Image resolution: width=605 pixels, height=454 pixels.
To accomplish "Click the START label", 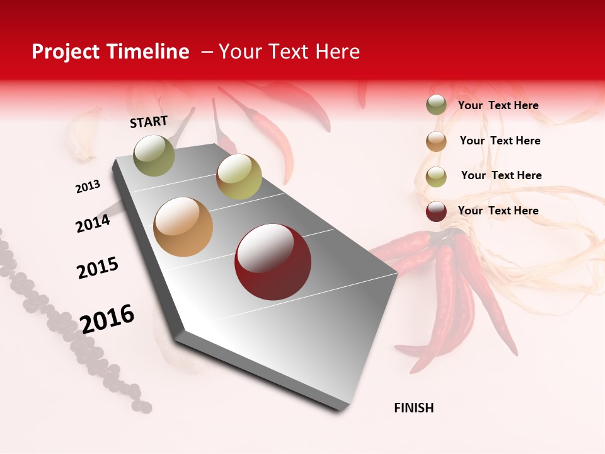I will [149, 122].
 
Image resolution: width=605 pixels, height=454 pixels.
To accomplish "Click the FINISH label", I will [413, 408].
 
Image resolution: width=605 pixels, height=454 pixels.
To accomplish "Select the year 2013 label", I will [88, 187].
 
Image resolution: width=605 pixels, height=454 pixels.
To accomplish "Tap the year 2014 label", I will [93, 223].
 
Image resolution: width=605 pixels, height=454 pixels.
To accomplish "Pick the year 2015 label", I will [97, 268].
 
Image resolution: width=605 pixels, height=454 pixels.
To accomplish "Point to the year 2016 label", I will [107, 319].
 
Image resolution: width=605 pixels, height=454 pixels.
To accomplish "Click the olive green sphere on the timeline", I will [154, 155].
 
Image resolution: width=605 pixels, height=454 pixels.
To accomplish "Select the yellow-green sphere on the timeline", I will [239, 177].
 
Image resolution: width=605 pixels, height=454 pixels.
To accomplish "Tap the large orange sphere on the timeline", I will [183, 227].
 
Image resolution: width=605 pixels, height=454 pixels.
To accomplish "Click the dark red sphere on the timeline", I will [273, 262].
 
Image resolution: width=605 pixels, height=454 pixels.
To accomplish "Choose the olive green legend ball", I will [436, 105].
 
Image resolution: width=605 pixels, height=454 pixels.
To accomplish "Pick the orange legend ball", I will [436, 141].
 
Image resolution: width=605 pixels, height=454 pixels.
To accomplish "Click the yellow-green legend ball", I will [436, 177].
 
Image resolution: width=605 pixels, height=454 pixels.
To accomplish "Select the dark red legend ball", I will [436, 211].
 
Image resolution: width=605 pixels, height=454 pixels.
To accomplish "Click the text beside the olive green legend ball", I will [498, 105].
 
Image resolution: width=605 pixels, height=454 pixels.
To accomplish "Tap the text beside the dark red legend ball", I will [498, 211].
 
